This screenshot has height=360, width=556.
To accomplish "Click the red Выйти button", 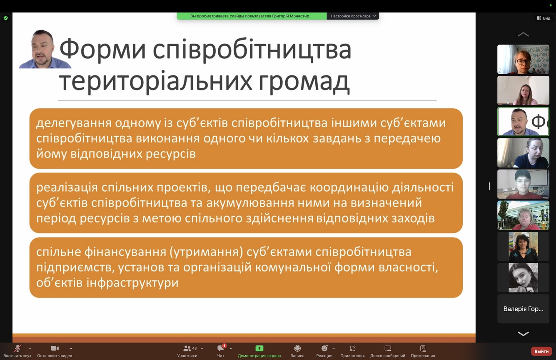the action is tap(541, 351).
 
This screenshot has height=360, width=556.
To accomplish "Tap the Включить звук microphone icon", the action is tap(17, 348).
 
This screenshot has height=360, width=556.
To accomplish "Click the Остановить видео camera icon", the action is tap(55, 348).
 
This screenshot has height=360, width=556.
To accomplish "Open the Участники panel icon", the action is tap(187, 349).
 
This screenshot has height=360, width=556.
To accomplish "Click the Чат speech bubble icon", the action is tap(221, 348).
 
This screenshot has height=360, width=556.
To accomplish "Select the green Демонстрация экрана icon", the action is tap(259, 348).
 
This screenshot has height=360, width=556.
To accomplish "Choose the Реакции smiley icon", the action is tap(324, 348).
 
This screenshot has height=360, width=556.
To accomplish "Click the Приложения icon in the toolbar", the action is tap(352, 348).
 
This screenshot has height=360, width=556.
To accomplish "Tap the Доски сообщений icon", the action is tap(388, 348).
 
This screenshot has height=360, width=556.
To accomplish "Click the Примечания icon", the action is tap(423, 348).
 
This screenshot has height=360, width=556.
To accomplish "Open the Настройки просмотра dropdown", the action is tap(353, 16).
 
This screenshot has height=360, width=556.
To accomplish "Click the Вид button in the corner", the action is tap(544, 18).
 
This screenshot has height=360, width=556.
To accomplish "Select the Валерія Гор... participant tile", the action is tap(523, 309).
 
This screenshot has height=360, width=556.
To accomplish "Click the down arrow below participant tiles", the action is tap(523, 334).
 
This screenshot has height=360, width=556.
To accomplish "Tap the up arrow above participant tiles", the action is tap(523, 34).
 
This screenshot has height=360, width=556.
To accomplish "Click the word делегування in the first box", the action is tap(74, 123).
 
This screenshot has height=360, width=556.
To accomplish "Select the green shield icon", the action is tap(5, 18).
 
